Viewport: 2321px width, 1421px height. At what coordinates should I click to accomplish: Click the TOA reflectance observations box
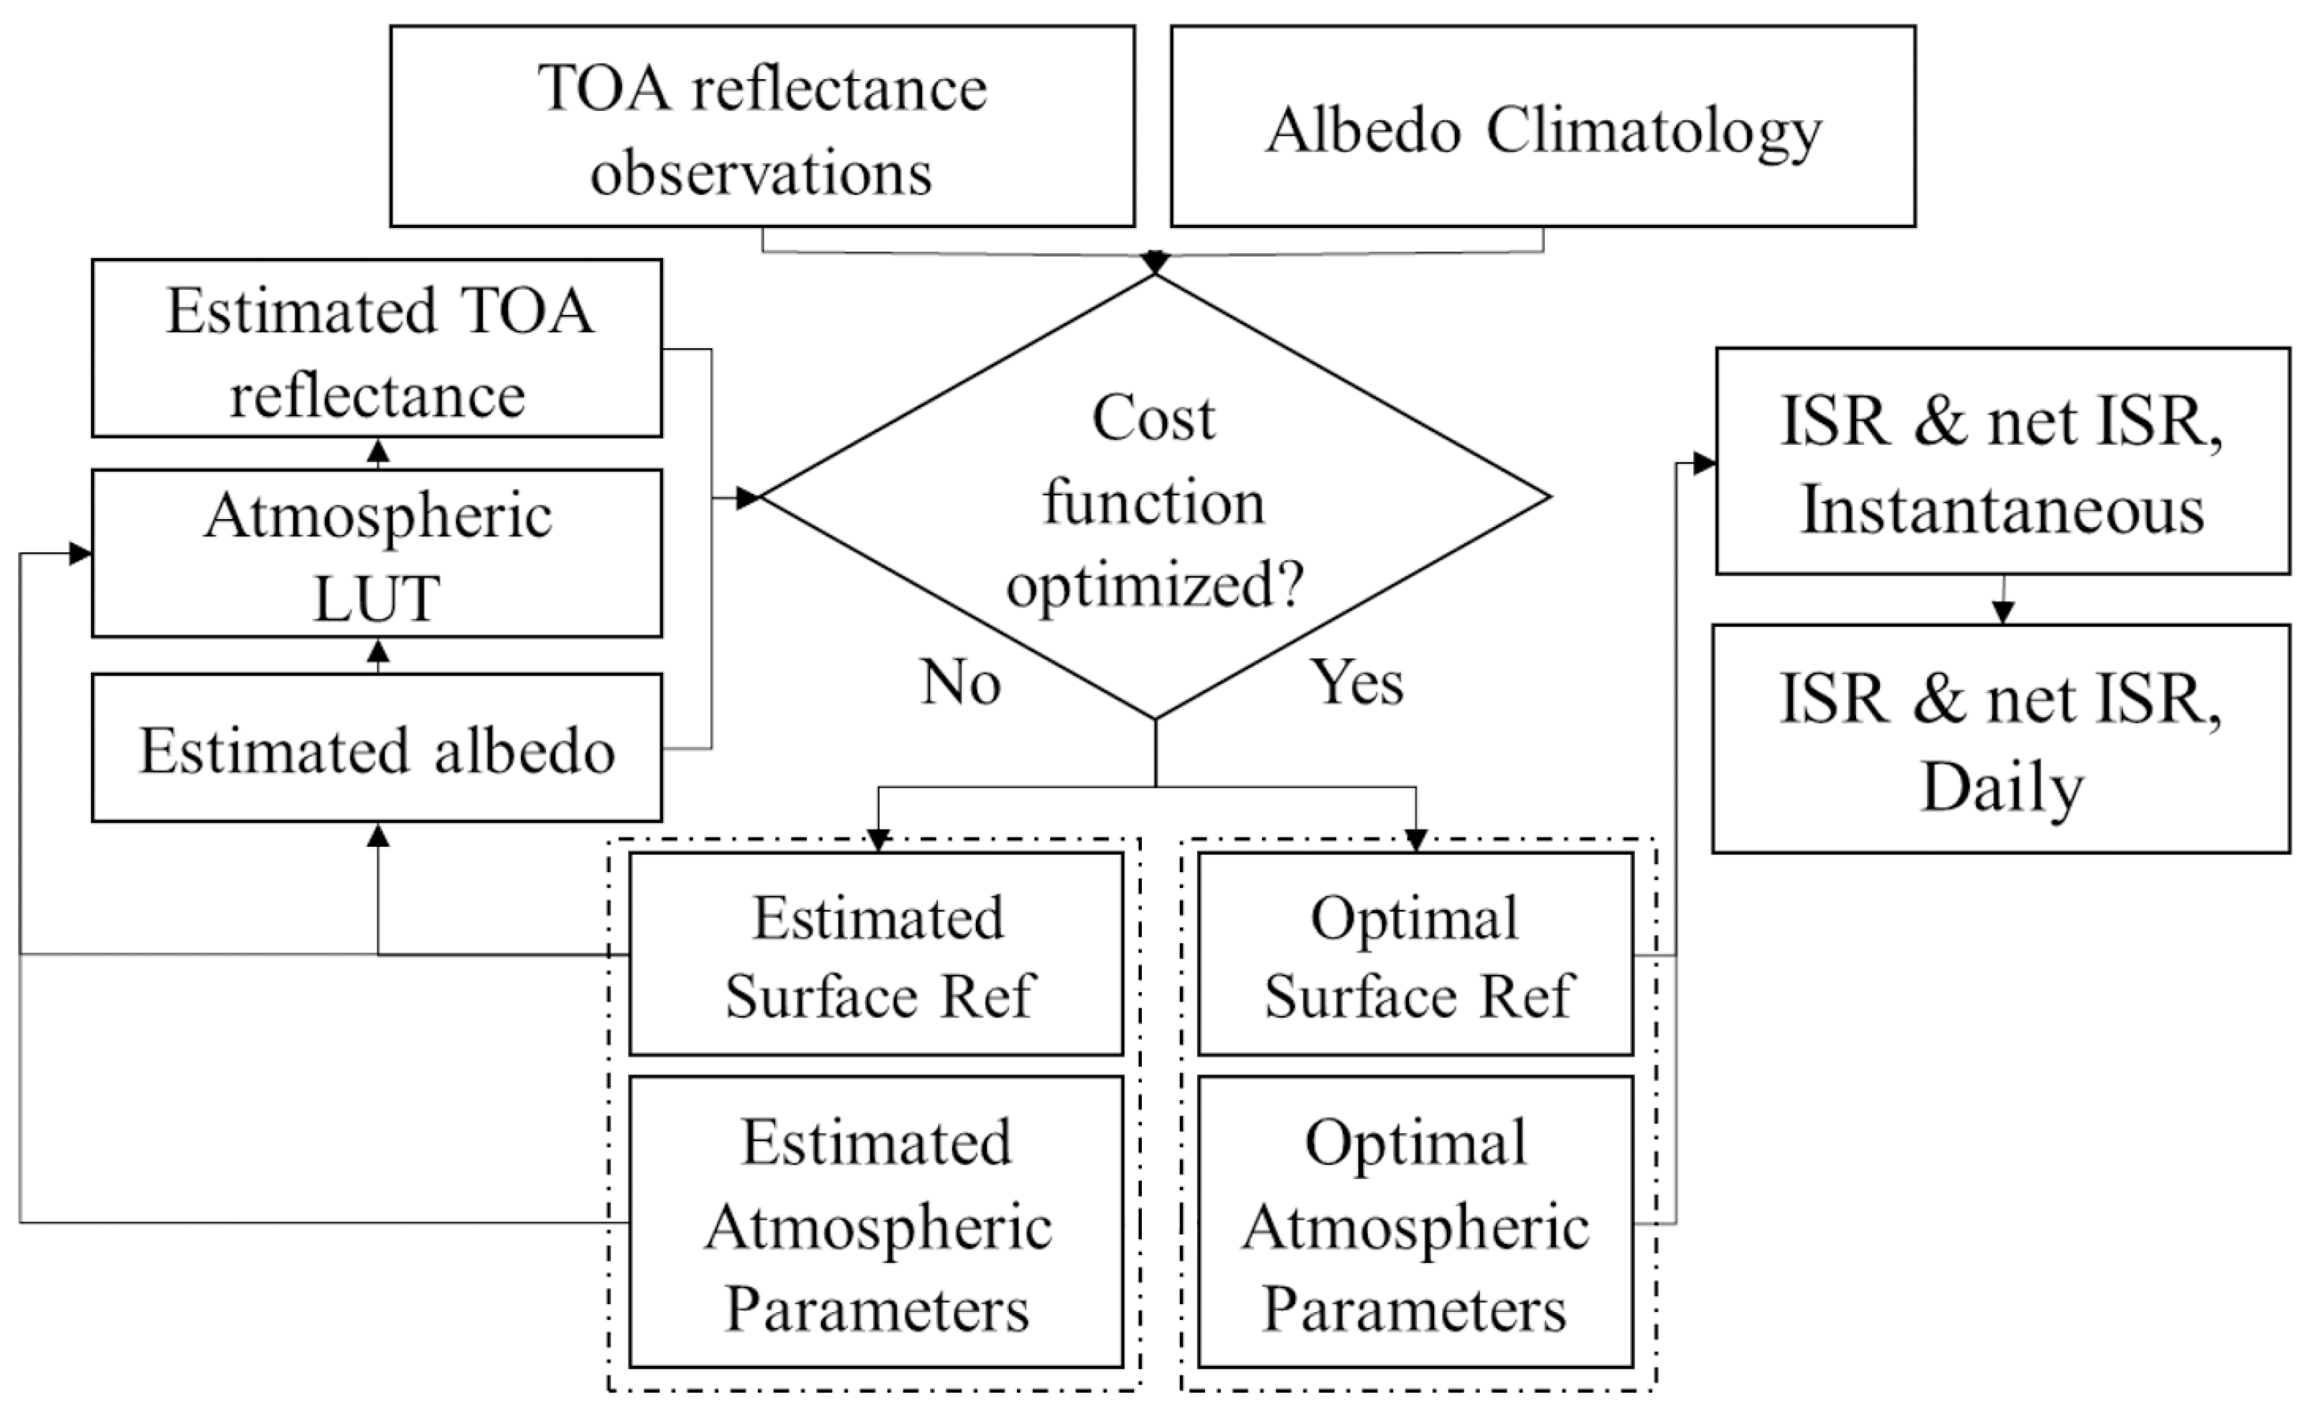[761, 126]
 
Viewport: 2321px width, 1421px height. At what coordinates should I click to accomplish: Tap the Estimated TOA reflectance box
[377, 349]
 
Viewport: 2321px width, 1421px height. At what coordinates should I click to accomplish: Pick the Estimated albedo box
[377, 748]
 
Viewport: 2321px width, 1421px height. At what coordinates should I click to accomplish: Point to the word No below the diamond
[960, 682]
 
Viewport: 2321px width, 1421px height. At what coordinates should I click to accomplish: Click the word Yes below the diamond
[1356, 682]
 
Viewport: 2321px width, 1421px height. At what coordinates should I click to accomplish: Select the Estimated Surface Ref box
[876, 954]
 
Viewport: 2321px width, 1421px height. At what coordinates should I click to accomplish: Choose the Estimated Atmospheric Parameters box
[876, 1222]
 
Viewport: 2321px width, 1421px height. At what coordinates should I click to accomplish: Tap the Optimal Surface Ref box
[1415, 954]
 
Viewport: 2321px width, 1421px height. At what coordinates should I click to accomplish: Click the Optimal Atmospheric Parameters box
[1415, 1222]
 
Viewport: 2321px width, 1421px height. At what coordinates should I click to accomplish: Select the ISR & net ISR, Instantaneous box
[2001, 461]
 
